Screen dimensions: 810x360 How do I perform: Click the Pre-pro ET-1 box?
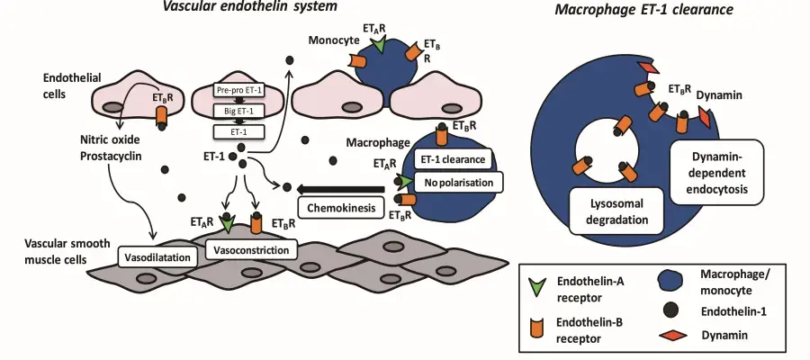coord(239,90)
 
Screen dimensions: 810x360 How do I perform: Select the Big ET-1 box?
coord(239,111)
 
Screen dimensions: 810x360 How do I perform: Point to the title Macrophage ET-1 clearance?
coord(644,9)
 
